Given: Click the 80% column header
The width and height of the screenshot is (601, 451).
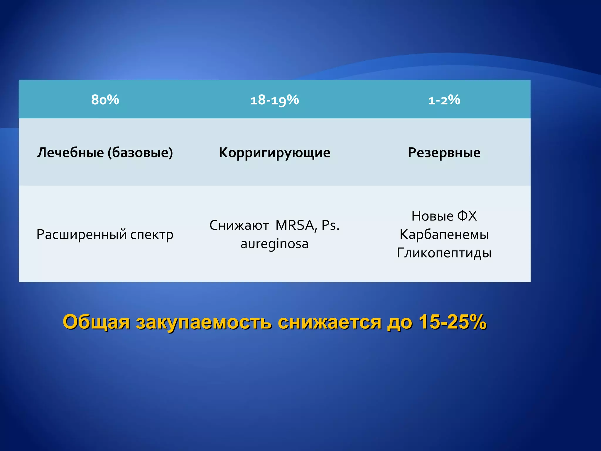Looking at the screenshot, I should [x=105, y=100].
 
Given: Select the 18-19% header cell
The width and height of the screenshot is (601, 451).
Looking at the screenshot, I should [x=274, y=100].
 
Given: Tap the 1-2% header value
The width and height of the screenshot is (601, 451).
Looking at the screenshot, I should [x=444, y=100].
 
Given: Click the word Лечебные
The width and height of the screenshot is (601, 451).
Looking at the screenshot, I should [x=70, y=153].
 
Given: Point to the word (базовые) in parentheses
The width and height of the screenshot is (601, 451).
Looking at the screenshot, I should [x=140, y=153].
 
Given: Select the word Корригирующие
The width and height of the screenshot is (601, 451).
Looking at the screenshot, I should [x=274, y=153].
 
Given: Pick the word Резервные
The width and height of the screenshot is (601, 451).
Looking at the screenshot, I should [x=444, y=153].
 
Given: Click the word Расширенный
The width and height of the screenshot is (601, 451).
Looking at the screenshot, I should [x=81, y=235].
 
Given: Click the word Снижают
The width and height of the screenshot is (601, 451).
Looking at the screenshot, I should [x=239, y=225].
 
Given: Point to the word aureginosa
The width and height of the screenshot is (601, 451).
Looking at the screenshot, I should [x=274, y=244].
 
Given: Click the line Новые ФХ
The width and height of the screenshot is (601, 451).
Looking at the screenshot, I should [x=444, y=216].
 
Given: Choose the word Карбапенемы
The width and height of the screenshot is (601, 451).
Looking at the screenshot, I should [x=444, y=235].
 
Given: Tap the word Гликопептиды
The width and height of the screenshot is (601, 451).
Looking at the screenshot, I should [x=444, y=253].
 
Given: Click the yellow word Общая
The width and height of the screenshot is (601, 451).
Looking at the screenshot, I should [x=96, y=322].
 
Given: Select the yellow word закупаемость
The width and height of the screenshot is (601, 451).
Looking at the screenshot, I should [x=204, y=322].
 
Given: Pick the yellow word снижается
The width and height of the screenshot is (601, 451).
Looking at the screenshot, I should [x=330, y=322].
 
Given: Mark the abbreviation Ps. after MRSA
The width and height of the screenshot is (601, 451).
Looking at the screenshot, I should [x=330, y=225].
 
